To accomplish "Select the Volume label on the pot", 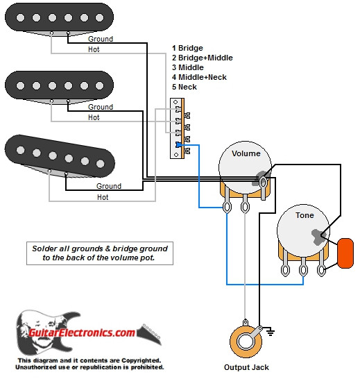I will (246, 153).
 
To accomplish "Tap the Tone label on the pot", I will (305, 215).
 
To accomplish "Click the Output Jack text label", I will (246, 367).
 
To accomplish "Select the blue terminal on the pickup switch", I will (179, 144).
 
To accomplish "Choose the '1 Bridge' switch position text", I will (187, 48).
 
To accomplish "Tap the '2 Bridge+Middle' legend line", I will (202, 58).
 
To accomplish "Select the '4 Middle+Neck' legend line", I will (199, 77).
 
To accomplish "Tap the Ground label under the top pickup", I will (101, 40).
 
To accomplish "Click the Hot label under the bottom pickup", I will (103, 197).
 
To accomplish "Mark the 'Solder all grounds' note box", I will (100, 253).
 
